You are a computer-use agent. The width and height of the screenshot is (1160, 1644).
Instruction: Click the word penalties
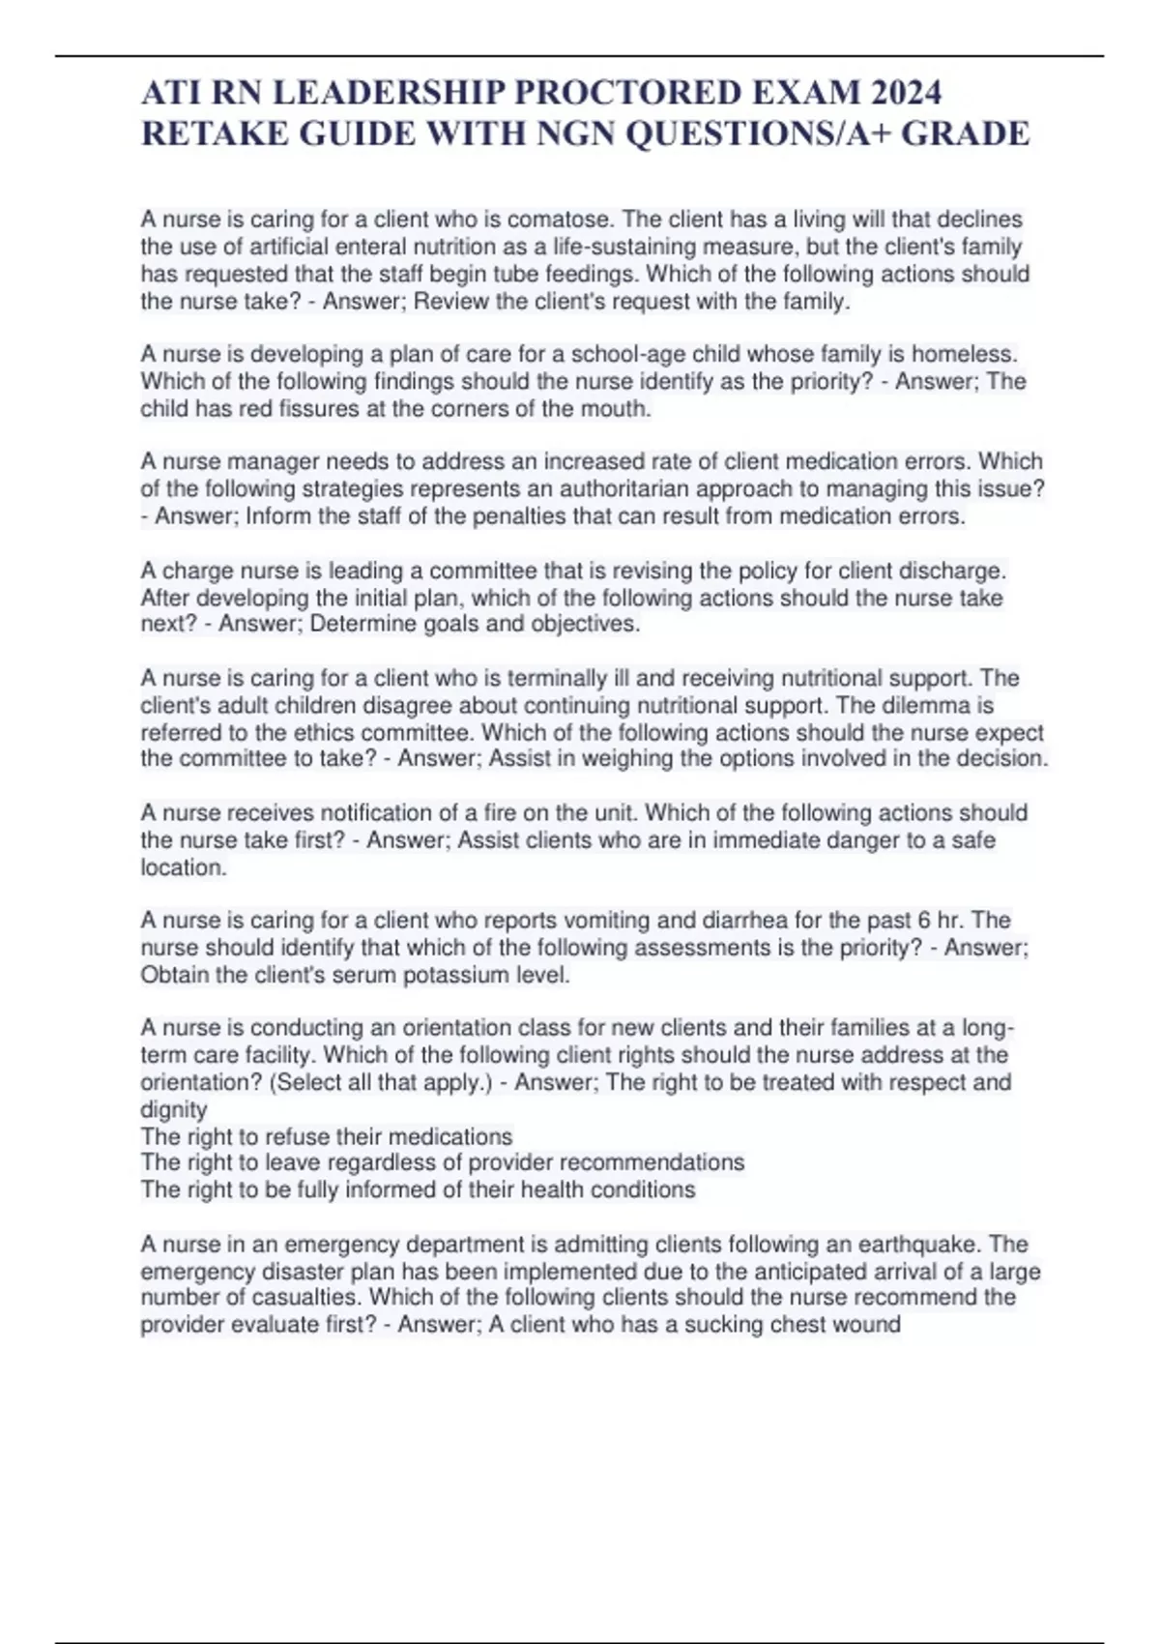point(519,516)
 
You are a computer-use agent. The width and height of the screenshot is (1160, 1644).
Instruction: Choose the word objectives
point(585,625)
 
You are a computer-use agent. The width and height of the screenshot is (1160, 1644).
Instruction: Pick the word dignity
point(174,1110)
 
